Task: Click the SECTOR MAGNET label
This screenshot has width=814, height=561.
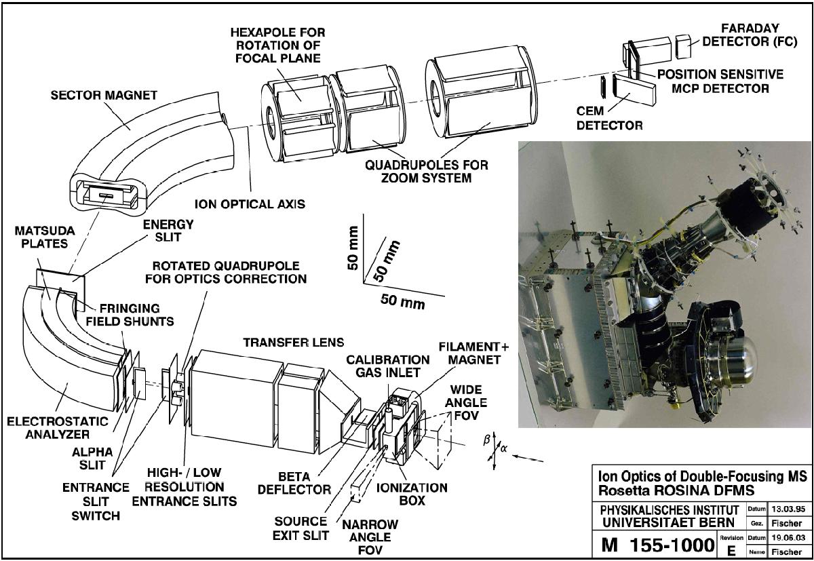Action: [x=104, y=96]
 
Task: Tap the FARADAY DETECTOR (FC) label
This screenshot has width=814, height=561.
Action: [x=750, y=35]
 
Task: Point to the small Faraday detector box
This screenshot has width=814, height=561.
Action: [x=683, y=46]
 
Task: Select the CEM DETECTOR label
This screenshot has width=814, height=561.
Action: [x=609, y=118]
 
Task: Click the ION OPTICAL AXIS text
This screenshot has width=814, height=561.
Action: [x=250, y=204]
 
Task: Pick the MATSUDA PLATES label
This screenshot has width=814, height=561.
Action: [x=45, y=237]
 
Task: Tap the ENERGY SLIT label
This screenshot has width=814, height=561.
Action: [x=168, y=231]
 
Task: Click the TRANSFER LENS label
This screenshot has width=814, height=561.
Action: [x=294, y=343]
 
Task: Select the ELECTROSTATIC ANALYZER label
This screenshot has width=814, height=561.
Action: [x=58, y=427]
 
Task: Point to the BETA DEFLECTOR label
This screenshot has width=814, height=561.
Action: [x=294, y=483]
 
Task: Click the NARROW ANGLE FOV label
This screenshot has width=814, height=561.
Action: [x=370, y=537]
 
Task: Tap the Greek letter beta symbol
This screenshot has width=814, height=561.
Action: [x=486, y=440]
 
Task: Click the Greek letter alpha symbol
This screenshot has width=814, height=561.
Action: [x=503, y=448]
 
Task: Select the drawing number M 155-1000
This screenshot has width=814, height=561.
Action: [x=658, y=545]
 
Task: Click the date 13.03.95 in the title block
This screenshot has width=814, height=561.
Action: [x=788, y=509]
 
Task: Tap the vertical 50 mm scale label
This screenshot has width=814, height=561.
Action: [x=353, y=248]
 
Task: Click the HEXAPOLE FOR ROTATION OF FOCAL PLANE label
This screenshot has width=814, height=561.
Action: [x=278, y=45]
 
